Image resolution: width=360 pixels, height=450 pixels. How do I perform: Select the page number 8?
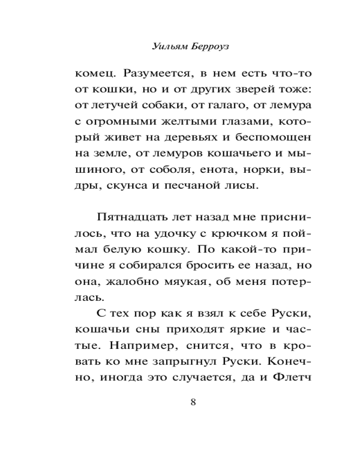[x=193, y=402]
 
